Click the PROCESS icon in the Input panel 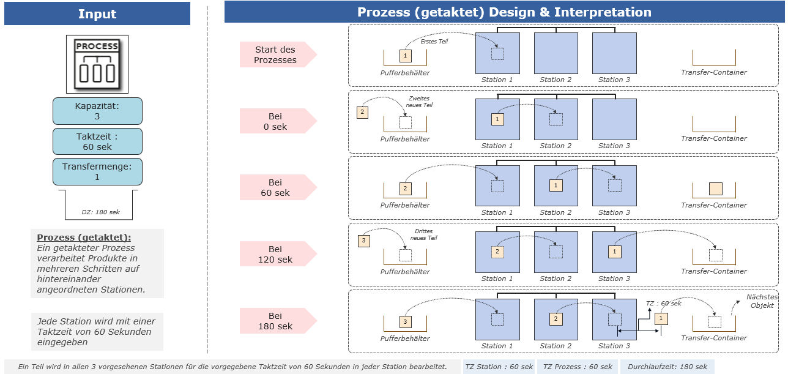tap(97, 64)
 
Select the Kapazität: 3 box tap(97, 111)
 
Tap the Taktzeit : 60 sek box tap(97, 141)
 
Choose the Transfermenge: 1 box tap(97, 171)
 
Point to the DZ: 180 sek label tap(100, 212)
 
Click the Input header tap(97, 13)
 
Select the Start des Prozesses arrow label tap(278, 54)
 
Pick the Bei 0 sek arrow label tap(278, 121)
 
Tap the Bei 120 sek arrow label tap(278, 254)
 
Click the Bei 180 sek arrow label tap(278, 321)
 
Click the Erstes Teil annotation tap(434, 42)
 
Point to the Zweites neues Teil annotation tap(419, 102)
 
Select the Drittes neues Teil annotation tap(423, 234)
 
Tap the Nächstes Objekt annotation tap(762, 301)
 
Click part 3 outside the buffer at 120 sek tap(364, 241)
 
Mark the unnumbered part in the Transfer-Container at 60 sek tap(716, 189)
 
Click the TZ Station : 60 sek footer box tap(499, 367)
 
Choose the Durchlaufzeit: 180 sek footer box tap(667, 367)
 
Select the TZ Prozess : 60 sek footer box tap(578, 367)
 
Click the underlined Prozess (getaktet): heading tap(84, 237)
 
